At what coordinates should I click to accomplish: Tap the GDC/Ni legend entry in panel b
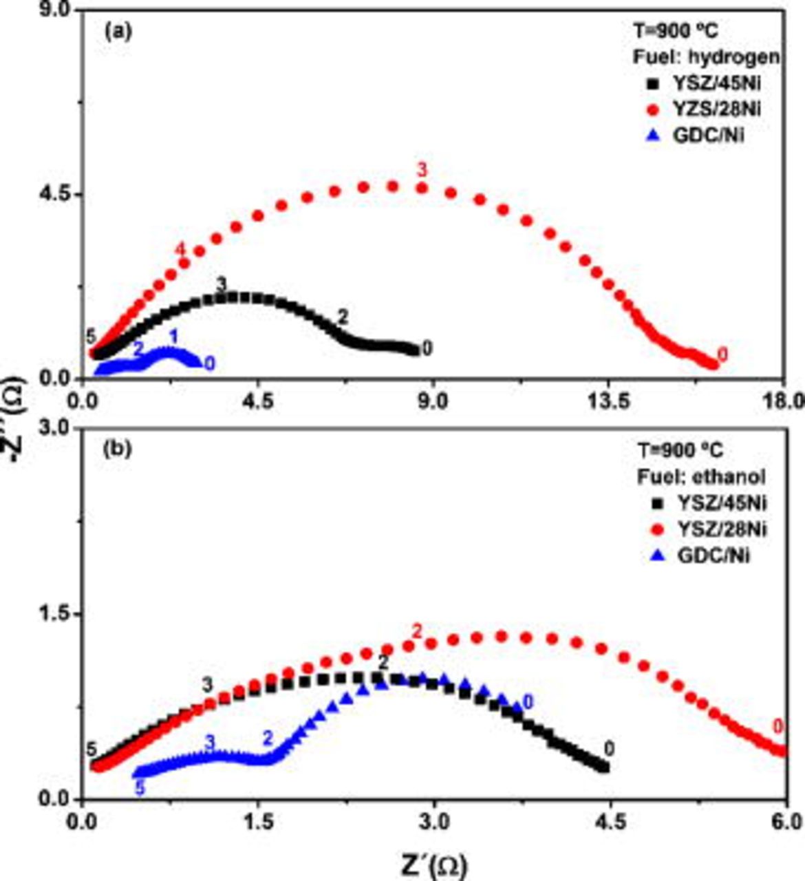(x=699, y=555)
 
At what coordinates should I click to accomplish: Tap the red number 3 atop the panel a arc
(x=422, y=169)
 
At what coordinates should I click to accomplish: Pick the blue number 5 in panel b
(x=140, y=789)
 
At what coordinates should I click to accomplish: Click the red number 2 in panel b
(x=416, y=631)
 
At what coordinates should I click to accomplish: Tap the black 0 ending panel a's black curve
(x=427, y=350)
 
